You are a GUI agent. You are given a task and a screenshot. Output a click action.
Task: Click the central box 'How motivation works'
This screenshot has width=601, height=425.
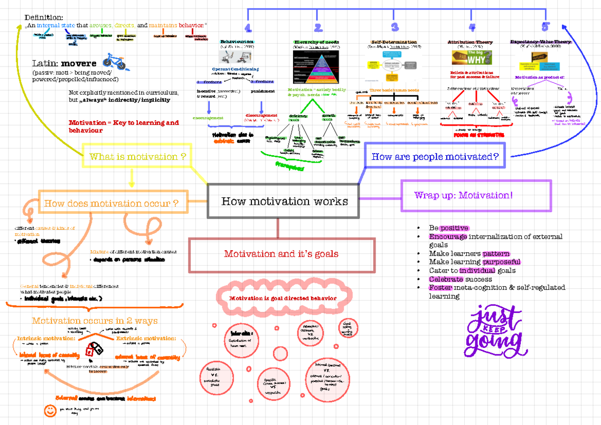point(283,201)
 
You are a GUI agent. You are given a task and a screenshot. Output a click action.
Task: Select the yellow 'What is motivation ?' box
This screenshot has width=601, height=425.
point(138,157)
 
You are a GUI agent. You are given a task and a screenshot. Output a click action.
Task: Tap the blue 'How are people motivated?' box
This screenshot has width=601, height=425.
point(435,157)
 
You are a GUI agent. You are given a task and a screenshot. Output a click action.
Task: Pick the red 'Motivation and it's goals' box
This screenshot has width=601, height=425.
point(281,254)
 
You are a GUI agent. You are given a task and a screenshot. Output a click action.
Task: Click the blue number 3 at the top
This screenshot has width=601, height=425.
point(395,28)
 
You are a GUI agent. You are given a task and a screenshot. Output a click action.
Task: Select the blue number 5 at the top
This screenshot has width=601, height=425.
point(545,27)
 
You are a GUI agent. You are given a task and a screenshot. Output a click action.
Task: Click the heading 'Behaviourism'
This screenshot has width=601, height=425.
point(236,42)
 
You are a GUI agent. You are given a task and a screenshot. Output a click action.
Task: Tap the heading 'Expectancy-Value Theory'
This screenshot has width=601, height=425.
point(540,42)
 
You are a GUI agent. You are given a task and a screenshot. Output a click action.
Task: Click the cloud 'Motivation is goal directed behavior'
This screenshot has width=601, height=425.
point(282,298)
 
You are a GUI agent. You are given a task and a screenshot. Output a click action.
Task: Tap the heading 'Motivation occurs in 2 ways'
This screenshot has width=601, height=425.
point(95,321)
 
